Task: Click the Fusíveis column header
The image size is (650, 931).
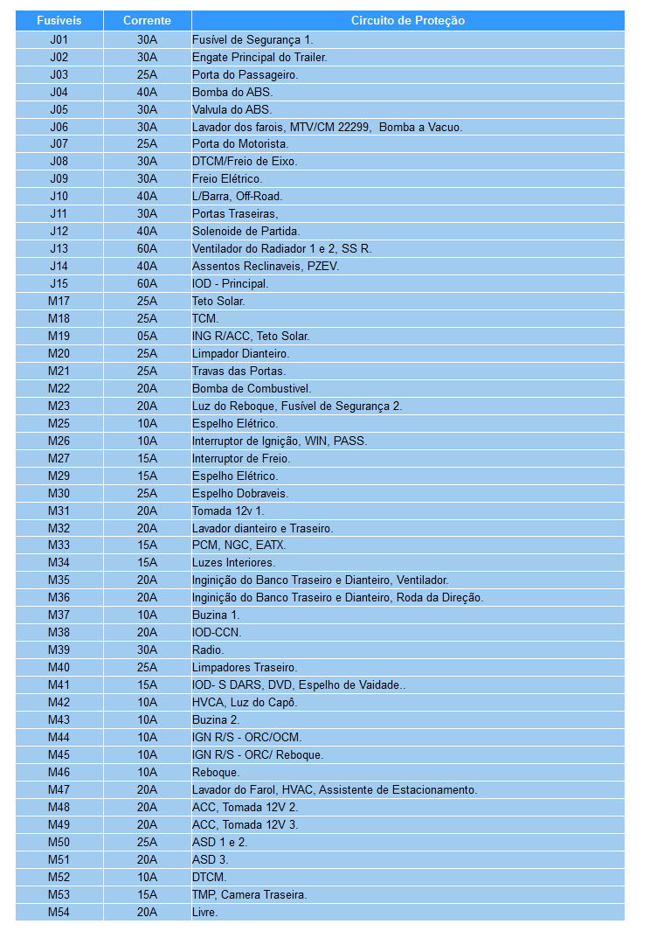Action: coord(59,20)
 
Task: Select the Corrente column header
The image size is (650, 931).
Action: coord(147,20)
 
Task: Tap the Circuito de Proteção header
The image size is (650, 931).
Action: coord(408,20)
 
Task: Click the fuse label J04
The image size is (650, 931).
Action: coord(59,92)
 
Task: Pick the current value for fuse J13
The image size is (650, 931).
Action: coord(147,248)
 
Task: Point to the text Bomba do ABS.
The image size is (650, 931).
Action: coord(232,92)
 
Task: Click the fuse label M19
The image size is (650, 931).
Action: coord(59,336)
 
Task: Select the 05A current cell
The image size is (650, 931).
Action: coord(147,336)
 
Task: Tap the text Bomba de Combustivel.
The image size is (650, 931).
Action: coord(252,388)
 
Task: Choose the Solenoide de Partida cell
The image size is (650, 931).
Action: coord(245,231)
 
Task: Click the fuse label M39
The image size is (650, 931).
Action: coord(59,650)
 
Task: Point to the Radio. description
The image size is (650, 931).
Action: coord(208,650)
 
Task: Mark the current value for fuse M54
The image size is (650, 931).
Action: coord(147,912)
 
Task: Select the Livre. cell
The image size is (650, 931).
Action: coord(205,912)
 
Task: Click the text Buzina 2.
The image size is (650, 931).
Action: coord(215,719)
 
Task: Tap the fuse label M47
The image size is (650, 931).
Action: coord(59,789)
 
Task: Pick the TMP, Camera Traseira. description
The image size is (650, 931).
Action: coord(249,894)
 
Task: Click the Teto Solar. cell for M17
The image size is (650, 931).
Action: coord(218,301)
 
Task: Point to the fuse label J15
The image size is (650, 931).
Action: coord(59,283)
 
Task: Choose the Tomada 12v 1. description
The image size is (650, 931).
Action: coord(228,511)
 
